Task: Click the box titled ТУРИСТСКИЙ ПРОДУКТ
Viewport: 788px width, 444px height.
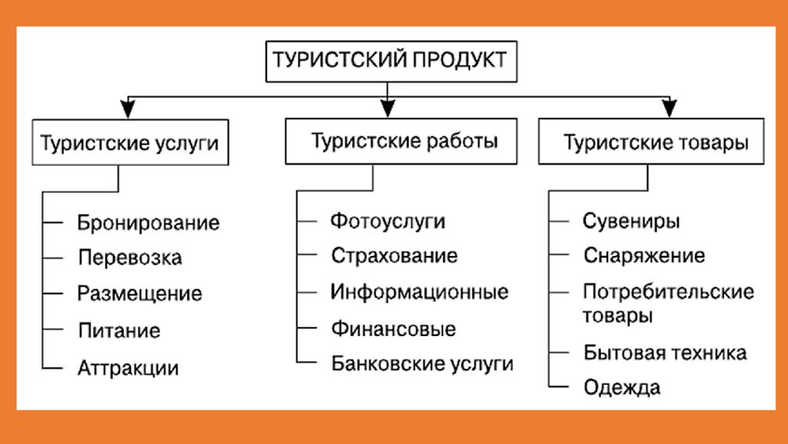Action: pyautogui.click(x=391, y=62)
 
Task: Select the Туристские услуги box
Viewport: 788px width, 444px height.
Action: pyautogui.click(x=130, y=142)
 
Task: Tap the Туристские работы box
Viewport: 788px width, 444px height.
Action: pyautogui.click(x=401, y=141)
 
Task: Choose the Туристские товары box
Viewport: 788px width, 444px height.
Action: pyautogui.click(x=651, y=141)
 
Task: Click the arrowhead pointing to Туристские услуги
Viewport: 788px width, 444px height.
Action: pyautogui.click(x=129, y=108)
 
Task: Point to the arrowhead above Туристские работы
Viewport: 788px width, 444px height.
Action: pyautogui.click(x=388, y=108)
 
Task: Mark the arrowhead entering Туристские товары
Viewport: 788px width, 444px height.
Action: pyautogui.click(x=669, y=108)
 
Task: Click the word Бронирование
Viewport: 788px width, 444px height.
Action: pyautogui.click(x=149, y=223)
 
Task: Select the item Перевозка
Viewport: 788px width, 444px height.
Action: pyautogui.click(x=129, y=258)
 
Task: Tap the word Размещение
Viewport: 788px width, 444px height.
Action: pyautogui.click(x=140, y=294)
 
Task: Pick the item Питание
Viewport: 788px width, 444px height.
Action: pyautogui.click(x=119, y=331)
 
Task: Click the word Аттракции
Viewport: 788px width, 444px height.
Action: pyautogui.click(x=129, y=368)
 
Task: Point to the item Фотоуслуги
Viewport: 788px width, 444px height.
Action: pyautogui.click(x=388, y=221)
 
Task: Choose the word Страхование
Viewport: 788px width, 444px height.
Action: pyautogui.click(x=395, y=256)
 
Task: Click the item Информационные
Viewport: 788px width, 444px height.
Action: pyautogui.click(x=419, y=292)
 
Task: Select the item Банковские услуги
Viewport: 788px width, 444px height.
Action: pyautogui.click(x=422, y=364)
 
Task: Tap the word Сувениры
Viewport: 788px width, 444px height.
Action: pyautogui.click(x=631, y=221)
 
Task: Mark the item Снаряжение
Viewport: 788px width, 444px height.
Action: pyautogui.click(x=644, y=256)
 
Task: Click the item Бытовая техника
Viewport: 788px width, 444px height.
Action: pyautogui.click(x=665, y=353)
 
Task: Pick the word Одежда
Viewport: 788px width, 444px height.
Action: pyautogui.click(x=622, y=388)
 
